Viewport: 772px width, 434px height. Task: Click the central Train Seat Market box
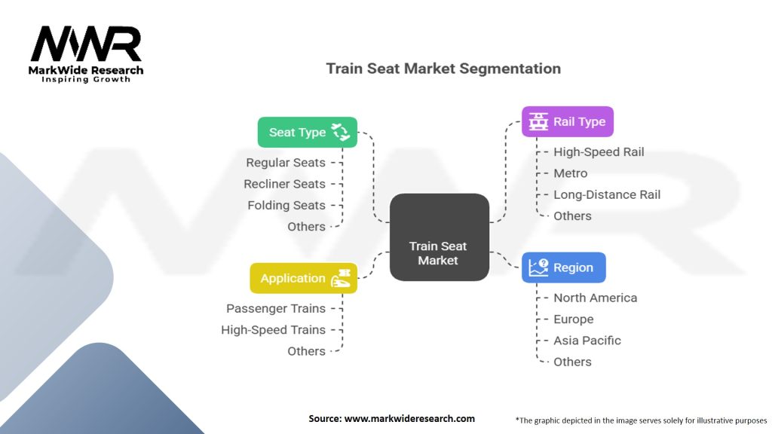439,237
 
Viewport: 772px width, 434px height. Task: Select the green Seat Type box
307,132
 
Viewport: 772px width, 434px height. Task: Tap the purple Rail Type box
568,121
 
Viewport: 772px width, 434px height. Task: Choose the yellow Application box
303,278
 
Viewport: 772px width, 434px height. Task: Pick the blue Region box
563,267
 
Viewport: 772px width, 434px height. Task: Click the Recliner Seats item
284,184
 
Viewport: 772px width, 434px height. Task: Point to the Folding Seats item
286,205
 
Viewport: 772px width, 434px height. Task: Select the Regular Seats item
286,163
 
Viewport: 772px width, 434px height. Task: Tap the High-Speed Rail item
599,152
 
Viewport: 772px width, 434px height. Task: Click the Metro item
570,173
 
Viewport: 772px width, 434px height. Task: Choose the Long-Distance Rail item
607,194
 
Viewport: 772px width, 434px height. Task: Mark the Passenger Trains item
276,309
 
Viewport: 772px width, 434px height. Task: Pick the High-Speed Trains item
273,330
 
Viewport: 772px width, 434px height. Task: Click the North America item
595,298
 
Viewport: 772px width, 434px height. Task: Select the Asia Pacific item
587,341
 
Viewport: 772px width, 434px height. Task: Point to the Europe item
573,319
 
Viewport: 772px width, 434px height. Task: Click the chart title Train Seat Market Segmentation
443,69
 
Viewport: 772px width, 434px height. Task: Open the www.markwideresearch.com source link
409,418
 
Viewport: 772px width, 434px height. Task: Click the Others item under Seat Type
306,227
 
